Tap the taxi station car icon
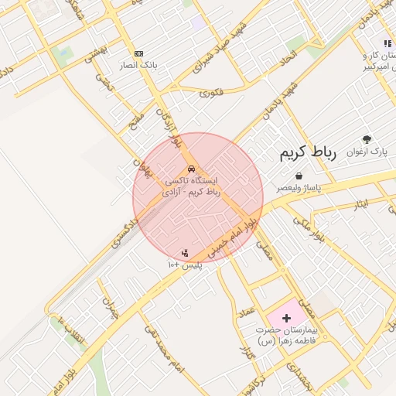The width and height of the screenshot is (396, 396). tap(191, 169)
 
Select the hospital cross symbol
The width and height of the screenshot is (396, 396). tap(286, 318)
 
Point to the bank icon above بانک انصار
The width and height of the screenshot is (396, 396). tap(138, 53)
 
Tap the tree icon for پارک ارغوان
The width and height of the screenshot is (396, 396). tap(367, 140)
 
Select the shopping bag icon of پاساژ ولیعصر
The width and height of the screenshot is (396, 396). tap(298, 177)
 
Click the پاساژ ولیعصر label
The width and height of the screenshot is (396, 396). tap(299, 188)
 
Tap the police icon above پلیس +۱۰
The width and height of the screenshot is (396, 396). tap(184, 252)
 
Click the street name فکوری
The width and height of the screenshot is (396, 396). tap(210, 93)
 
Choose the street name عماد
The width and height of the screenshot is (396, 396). tap(246, 311)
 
